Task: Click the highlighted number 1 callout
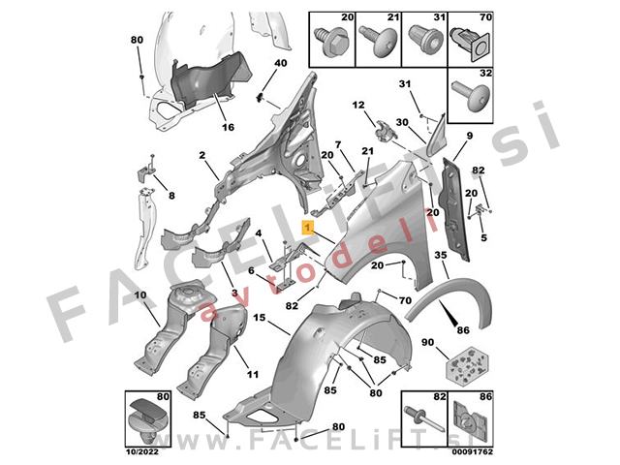pos(308,228)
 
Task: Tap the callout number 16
pos(228,127)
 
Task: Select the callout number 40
pos(281,63)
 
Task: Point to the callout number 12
pos(358,106)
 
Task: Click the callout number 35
pos(441,255)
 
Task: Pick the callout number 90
pos(427,342)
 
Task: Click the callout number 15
pos(260,318)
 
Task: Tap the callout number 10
pos(140,294)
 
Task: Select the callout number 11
pos(253,374)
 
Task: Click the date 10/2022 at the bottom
pos(142,452)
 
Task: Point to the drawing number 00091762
pos(473,452)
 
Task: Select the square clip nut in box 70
pos(473,44)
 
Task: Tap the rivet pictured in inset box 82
pos(424,418)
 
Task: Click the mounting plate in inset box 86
pos(471,419)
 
